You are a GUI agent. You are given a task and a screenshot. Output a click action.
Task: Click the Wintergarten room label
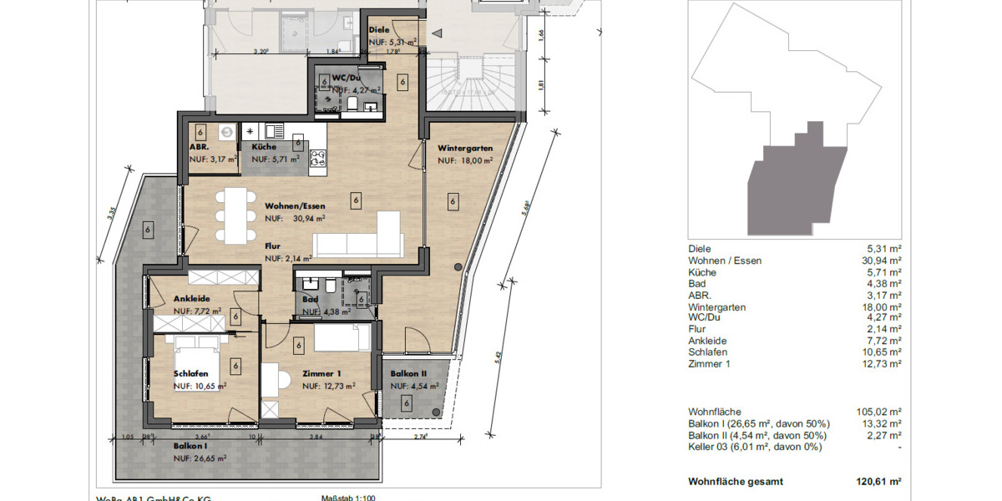click(465, 148)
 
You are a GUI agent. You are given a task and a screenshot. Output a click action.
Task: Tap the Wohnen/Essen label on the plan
click(295, 205)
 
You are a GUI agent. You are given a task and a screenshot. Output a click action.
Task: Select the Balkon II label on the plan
click(408, 374)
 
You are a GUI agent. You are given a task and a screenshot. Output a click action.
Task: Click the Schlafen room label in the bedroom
click(191, 374)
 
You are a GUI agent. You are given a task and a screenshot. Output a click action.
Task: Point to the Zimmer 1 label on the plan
click(321, 374)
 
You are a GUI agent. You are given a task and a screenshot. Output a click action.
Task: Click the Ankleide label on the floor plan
click(191, 299)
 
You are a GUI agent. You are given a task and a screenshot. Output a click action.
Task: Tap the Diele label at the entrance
click(379, 30)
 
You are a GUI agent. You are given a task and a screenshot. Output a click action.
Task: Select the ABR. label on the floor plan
click(199, 146)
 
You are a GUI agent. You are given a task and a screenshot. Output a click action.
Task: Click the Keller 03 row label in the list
click(754, 447)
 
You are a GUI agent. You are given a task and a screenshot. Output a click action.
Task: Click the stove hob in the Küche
click(318, 159)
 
